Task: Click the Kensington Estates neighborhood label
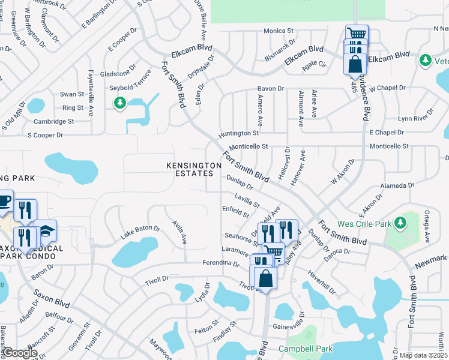click(190, 169)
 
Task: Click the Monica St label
click(278, 31)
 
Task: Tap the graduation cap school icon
click(45, 230)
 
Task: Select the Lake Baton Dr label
click(140, 232)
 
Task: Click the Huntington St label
click(239, 133)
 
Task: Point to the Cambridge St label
click(53, 121)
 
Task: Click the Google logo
click(19, 353)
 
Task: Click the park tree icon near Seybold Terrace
click(120, 103)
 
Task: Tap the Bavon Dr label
click(271, 88)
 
